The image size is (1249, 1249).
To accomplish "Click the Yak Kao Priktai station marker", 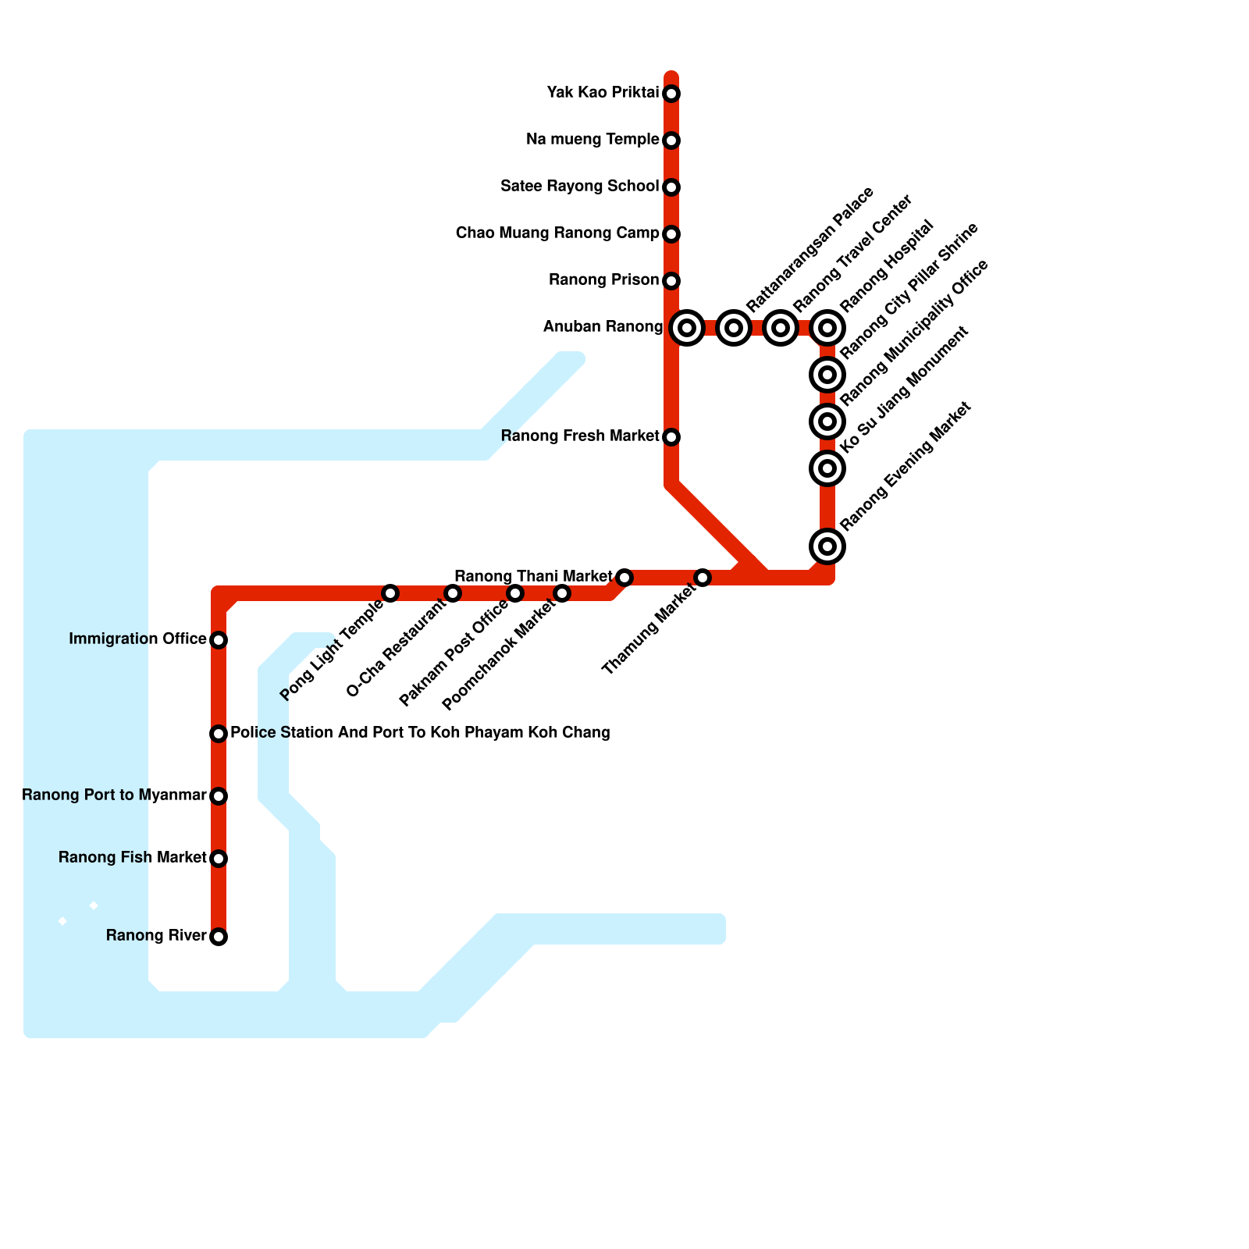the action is pyautogui.click(x=671, y=94).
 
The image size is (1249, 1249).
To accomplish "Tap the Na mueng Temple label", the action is pyautogui.click(x=592, y=140).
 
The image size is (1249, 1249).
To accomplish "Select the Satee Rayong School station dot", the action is pyautogui.click(x=671, y=187).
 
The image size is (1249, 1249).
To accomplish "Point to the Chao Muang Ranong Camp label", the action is pyautogui.click(x=557, y=233).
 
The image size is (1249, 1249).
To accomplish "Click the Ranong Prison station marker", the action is pyautogui.click(x=671, y=281).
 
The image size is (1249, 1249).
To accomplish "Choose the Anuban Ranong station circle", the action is pyautogui.click(x=687, y=328).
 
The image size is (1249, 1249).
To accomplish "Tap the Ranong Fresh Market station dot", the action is pyautogui.click(x=671, y=437).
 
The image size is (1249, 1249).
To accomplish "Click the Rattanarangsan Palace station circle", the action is pyautogui.click(x=734, y=328).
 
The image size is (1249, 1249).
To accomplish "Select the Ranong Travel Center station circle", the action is pyautogui.click(x=781, y=328).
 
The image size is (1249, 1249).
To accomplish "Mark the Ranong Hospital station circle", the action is pyautogui.click(x=827, y=328).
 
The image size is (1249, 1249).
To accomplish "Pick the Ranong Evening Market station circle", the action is pyautogui.click(x=827, y=546).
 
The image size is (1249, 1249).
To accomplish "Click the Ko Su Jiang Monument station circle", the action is pyautogui.click(x=827, y=468).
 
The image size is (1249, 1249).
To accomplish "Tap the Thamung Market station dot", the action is pyautogui.click(x=703, y=578).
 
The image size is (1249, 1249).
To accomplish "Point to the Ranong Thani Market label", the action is pyautogui.click(x=533, y=577).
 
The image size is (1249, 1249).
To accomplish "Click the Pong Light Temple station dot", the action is pyautogui.click(x=390, y=593).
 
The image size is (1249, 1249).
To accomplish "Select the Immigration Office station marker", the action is pyautogui.click(x=219, y=640).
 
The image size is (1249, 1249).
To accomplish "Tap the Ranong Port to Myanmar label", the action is pyautogui.click(x=114, y=795).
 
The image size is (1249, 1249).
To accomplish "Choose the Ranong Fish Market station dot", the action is pyautogui.click(x=219, y=859).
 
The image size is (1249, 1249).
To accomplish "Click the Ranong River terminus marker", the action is pyautogui.click(x=219, y=937).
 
